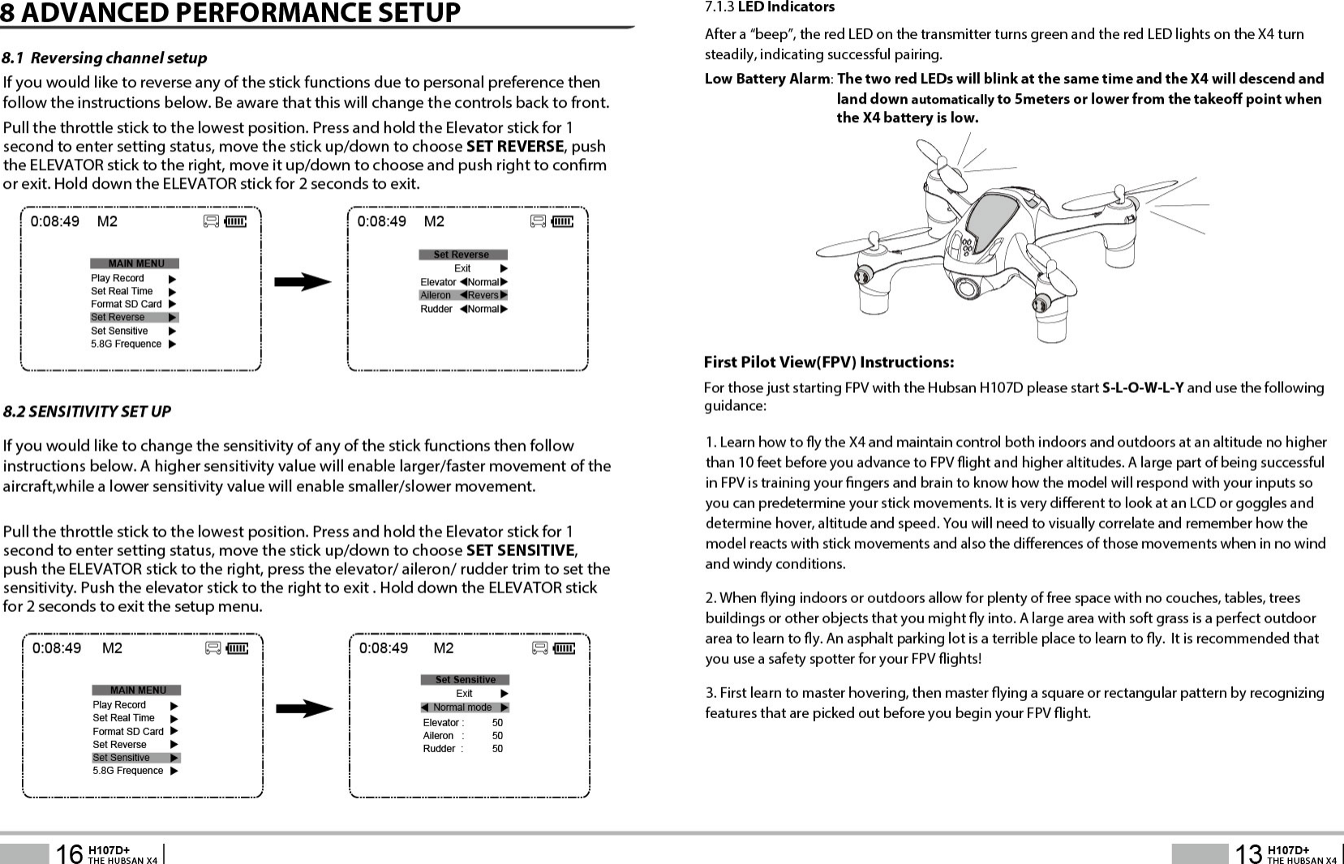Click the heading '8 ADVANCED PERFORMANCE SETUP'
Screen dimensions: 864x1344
(x=230, y=13)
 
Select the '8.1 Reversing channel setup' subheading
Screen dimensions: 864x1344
(x=105, y=58)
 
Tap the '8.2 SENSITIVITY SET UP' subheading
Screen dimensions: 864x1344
(x=87, y=412)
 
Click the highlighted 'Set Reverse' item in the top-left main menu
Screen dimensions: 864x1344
(x=134, y=318)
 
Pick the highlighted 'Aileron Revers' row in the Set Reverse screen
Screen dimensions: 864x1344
(x=463, y=295)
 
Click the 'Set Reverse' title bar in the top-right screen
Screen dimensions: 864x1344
(x=462, y=254)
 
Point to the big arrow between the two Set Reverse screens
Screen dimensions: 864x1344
(x=303, y=282)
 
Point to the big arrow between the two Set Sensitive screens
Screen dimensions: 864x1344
(x=304, y=709)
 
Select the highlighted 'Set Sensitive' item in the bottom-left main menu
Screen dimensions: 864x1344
(x=135, y=758)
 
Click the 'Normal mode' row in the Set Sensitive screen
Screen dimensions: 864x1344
(x=465, y=708)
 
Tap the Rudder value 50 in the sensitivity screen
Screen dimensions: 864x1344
(x=497, y=749)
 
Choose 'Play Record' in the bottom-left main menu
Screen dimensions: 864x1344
(x=119, y=705)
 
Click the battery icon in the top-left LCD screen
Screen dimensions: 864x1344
(x=236, y=221)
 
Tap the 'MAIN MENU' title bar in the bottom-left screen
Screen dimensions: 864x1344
(x=137, y=691)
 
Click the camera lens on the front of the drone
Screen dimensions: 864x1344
(x=966, y=288)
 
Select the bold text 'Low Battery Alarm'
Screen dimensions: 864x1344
(x=766, y=79)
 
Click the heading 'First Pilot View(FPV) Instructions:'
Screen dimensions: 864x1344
(x=828, y=362)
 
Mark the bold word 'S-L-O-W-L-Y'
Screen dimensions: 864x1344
(x=1142, y=387)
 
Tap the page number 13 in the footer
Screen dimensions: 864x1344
(x=1247, y=853)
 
